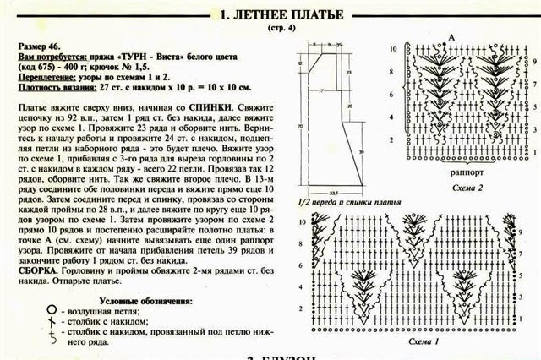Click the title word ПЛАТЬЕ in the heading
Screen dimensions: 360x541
point(308,14)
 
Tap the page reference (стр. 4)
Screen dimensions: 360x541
point(270,30)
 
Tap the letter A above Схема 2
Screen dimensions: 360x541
point(452,38)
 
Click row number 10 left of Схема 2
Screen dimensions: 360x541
point(393,50)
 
